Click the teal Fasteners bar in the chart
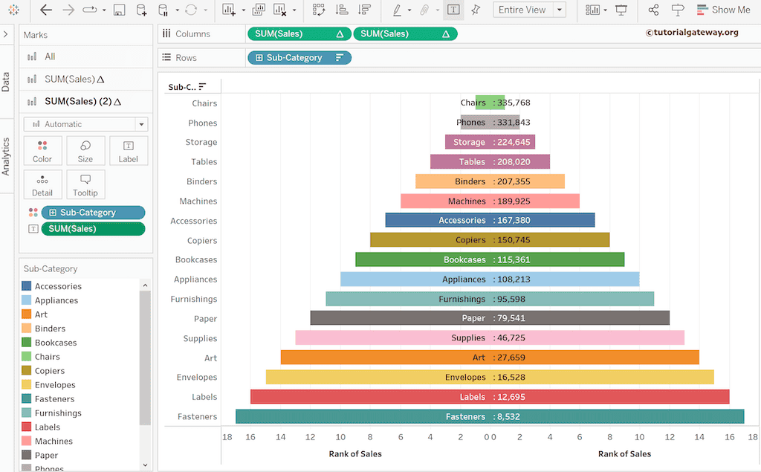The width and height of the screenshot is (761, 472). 334,417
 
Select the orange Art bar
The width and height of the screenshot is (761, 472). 372,358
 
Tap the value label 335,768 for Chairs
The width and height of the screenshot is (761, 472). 514,103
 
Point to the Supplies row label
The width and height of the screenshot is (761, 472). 200,338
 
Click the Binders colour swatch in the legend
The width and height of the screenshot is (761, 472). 27,329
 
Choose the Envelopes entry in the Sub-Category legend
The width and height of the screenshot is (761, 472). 55,385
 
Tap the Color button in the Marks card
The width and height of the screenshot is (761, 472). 42,150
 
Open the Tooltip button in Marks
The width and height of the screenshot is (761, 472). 85,184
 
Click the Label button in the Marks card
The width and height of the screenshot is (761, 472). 129,150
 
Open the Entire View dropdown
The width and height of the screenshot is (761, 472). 529,10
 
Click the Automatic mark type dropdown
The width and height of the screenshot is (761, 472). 85,124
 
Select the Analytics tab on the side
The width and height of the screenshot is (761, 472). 6,156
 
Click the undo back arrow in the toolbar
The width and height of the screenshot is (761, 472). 46,10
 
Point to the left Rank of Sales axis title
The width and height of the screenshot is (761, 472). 355,453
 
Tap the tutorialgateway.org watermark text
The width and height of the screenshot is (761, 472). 692,32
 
